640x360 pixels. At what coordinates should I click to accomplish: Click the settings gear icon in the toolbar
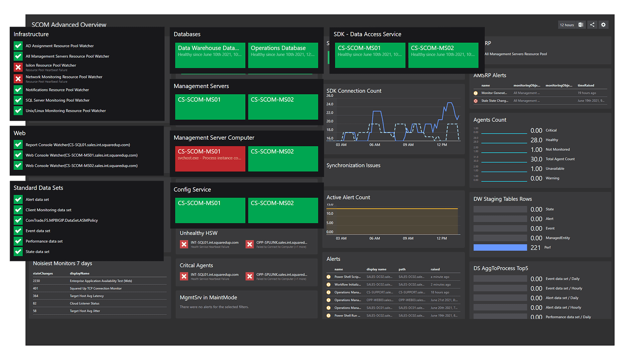[x=603, y=25]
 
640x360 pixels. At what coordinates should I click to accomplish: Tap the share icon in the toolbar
[x=592, y=25]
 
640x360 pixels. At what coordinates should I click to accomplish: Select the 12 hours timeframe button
[x=567, y=25]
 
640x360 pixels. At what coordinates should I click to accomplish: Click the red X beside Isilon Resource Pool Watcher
[x=18, y=67]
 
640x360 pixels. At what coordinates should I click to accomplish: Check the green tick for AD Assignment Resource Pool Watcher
[x=18, y=46]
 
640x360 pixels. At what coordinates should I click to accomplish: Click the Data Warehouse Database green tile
[x=210, y=55]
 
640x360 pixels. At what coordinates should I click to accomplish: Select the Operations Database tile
[x=283, y=55]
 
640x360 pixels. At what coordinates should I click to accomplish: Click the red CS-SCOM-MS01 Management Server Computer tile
[x=210, y=159]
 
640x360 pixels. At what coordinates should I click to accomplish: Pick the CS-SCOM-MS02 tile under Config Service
[x=283, y=210]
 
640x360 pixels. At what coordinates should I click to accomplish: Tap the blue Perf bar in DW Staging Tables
[x=500, y=247]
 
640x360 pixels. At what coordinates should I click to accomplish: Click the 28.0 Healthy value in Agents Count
[x=536, y=140]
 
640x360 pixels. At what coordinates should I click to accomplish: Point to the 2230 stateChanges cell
[x=36, y=281]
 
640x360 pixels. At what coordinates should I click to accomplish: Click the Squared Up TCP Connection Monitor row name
[x=96, y=288]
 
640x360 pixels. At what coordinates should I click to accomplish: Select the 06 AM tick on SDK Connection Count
[x=375, y=145]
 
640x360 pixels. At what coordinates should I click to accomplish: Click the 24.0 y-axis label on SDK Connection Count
[x=330, y=104]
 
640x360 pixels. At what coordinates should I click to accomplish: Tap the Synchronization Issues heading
[x=353, y=165]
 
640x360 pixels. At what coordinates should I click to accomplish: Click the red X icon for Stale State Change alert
[x=476, y=101]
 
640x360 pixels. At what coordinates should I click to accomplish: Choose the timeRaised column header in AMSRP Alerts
[x=586, y=85]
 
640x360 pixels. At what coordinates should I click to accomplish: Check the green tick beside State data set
[x=18, y=252]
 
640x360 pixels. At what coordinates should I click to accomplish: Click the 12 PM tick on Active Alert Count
[x=442, y=238]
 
